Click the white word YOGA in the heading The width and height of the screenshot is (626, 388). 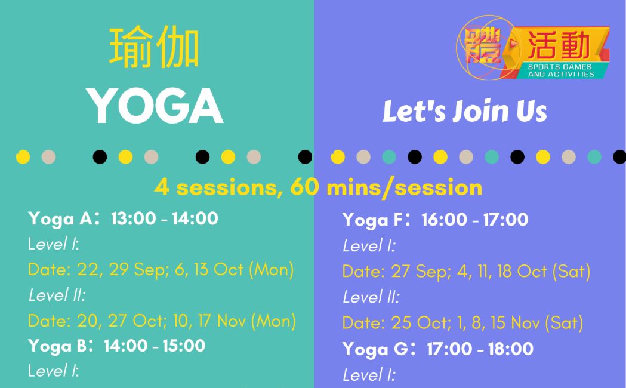click(x=155, y=106)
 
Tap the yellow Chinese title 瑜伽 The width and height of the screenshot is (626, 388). click(x=154, y=47)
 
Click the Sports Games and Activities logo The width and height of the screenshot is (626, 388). click(x=532, y=48)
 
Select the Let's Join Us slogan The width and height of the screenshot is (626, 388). click(x=465, y=111)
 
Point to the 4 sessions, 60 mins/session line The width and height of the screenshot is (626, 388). click(x=318, y=187)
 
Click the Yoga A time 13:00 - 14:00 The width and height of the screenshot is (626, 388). click(x=165, y=218)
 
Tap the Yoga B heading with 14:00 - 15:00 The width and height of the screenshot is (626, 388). click(x=116, y=346)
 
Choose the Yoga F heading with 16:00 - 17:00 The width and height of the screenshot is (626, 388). click(x=435, y=220)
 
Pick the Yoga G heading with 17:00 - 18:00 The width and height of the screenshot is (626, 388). click(x=438, y=349)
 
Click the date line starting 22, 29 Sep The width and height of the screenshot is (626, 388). click(x=161, y=269)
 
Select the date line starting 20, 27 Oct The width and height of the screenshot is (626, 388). click(x=162, y=321)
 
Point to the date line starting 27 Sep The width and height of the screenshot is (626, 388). click(x=466, y=272)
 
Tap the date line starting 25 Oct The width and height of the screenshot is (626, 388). click(x=462, y=322)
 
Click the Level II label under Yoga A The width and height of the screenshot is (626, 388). click(x=57, y=295)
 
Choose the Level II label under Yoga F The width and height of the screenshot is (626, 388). click(x=371, y=297)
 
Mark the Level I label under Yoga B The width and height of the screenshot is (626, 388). click(x=54, y=371)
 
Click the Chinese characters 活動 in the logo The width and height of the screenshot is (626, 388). click(x=559, y=45)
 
